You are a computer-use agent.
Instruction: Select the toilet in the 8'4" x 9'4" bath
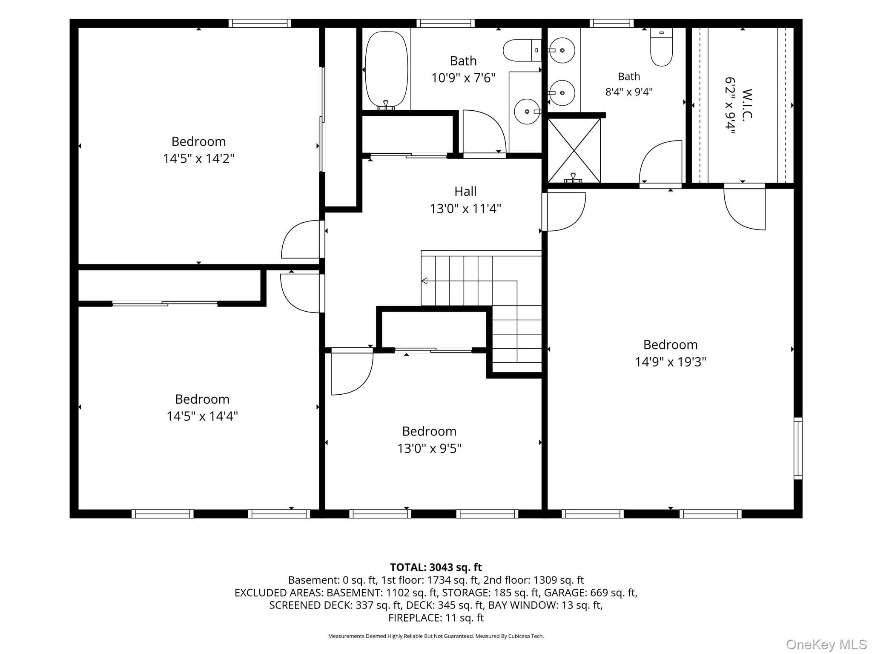661,47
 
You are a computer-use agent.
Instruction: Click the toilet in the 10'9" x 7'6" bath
522,50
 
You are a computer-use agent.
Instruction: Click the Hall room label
465,192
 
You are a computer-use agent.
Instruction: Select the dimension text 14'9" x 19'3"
670,362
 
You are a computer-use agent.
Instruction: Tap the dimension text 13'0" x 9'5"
429,449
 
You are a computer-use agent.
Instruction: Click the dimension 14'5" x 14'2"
198,159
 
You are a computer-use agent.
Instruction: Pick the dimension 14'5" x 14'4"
202,416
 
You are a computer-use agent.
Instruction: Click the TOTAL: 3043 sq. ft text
436,567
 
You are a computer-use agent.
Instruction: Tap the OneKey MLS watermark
826,645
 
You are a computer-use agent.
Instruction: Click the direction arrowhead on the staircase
424,281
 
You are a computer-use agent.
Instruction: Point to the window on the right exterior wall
798,448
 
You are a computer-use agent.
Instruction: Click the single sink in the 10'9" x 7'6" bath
527,112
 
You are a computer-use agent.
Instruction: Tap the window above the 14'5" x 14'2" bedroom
260,23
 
